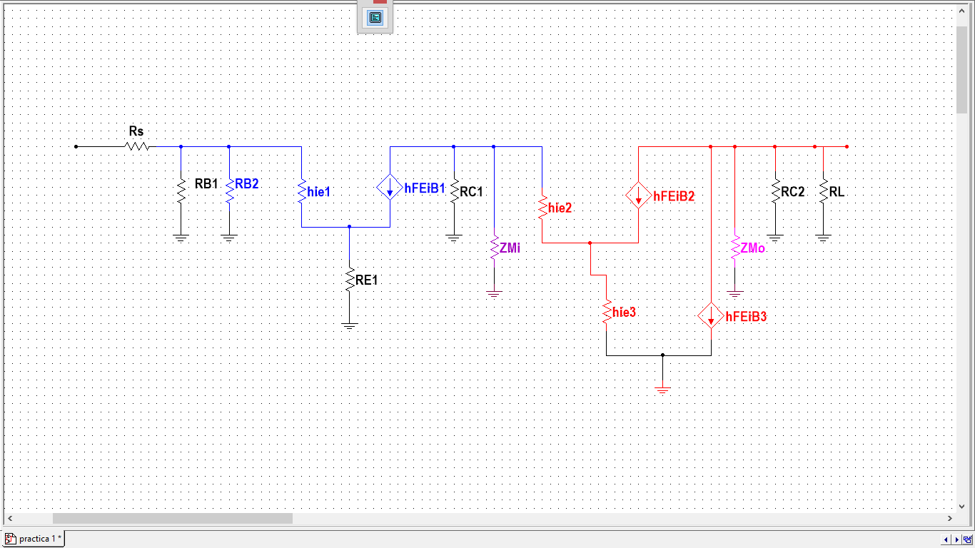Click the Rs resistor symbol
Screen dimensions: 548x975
(x=136, y=146)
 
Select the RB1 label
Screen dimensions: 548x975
(x=206, y=184)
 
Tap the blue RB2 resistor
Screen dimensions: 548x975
(x=229, y=191)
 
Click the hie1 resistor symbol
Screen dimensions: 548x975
(x=302, y=191)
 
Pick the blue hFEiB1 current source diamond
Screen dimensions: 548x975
(x=390, y=188)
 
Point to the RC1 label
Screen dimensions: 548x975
(x=472, y=192)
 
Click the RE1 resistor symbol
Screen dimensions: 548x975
(x=349, y=280)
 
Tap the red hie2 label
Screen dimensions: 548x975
(x=560, y=208)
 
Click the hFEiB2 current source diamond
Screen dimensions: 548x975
(x=638, y=196)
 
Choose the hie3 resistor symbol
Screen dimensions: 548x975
(x=606, y=313)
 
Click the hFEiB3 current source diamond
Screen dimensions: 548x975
(x=711, y=315)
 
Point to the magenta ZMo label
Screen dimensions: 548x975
(x=753, y=248)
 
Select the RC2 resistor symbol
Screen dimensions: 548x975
(x=774, y=191)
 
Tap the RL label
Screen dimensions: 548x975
(x=837, y=192)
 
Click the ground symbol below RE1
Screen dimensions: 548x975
(x=349, y=325)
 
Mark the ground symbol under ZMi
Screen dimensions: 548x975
(x=494, y=293)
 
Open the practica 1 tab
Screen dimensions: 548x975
(x=34, y=539)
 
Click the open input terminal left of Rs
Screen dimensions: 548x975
(x=76, y=146)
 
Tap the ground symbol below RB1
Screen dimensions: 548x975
(x=181, y=238)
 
